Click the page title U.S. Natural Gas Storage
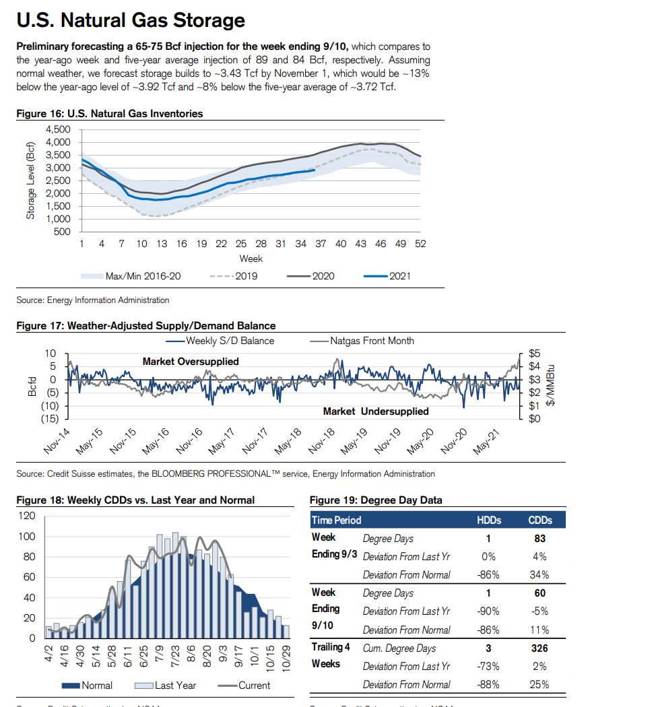click(131, 21)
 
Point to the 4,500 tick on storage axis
click(57, 129)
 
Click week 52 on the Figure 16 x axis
click(420, 244)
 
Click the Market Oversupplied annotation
click(191, 362)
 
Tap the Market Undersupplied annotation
click(376, 411)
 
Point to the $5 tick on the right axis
click(534, 353)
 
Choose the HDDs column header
click(488, 520)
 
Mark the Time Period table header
click(336, 520)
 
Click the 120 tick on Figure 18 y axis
click(27, 516)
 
